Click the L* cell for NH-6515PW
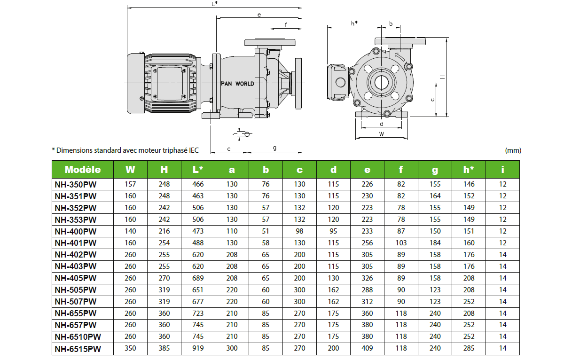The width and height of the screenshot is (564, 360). tap(198, 349)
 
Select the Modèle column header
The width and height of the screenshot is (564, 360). tap(83, 170)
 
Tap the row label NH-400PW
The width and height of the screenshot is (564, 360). tap(75, 231)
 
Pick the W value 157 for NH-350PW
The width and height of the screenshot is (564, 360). tap(130, 184)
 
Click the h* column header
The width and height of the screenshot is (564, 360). tap(469, 170)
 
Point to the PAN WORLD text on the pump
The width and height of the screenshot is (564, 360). tap(237, 84)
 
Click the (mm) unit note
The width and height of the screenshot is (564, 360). tap(513, 150)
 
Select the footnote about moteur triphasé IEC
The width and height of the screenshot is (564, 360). tap(125, 150)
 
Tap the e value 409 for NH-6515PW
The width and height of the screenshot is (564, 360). tap(367, 349)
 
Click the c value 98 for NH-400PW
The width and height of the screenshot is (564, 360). tap(299, 231)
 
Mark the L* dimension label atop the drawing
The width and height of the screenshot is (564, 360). tap(214, 4)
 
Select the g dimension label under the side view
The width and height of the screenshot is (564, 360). tap(274, 148)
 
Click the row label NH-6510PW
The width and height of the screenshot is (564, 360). tap(78, 337)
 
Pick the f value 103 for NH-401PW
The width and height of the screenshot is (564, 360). tap(401, 243)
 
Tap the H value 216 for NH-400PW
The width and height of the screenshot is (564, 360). tap(164, 231)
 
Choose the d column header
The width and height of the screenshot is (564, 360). tap(333, 170)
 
